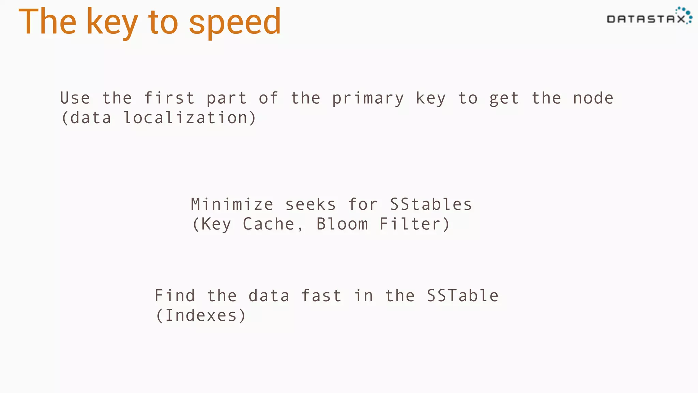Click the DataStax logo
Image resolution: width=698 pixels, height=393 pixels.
(649, 16)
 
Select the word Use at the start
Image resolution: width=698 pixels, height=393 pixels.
(75, 98)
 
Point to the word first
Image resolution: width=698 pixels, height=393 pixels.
(169, 98)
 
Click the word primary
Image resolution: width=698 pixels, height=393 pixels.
(368, 99)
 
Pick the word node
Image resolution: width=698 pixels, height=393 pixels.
(593, 98)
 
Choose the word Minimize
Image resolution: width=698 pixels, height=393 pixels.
(232, 204)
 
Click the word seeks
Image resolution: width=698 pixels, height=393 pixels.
(310, 204)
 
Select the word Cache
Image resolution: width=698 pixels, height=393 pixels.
(269, 224)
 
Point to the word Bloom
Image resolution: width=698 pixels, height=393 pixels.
(342, 224)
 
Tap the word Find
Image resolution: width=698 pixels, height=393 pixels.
(175, 295)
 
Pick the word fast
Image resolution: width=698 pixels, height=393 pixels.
(321, 295)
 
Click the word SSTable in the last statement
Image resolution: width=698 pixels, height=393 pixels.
(462, 295)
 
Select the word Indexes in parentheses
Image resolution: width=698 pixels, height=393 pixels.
(201, 315)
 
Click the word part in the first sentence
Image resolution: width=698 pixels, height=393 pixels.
(226, 99)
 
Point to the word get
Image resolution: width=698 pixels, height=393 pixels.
(504, 99)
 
